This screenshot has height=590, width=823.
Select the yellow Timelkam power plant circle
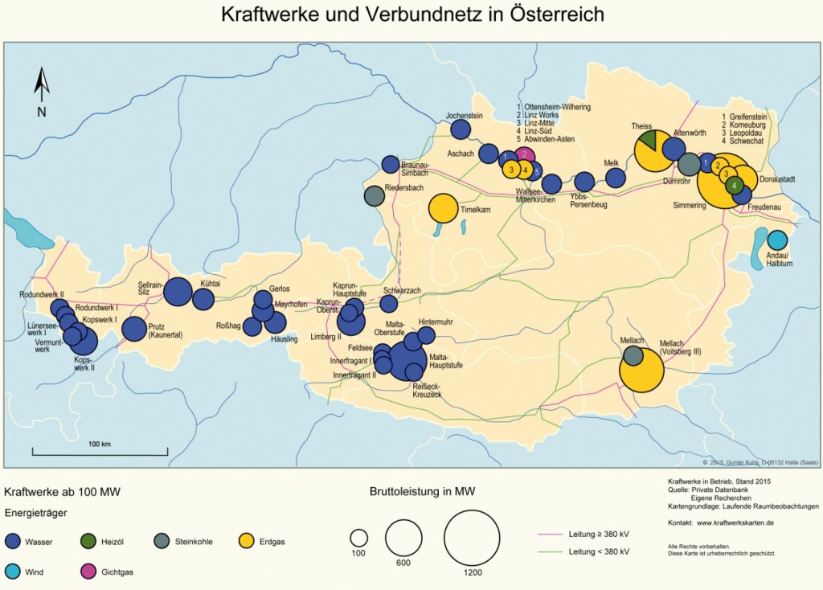(444, 209)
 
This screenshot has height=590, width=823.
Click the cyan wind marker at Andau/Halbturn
(777, 240)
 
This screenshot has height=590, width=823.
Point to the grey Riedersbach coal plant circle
(374, 195)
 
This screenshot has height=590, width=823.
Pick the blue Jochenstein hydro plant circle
(461, 129)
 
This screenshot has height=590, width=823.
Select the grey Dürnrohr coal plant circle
(689, 164)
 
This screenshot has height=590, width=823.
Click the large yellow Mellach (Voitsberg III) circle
(642, 371)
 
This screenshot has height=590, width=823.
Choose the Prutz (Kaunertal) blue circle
(134, 330)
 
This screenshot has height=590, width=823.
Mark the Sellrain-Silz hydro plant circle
(178, 291)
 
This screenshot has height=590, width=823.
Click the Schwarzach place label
(402, 290)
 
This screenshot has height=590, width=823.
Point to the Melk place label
(612, 162)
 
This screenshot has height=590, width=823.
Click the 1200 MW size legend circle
(472, 538)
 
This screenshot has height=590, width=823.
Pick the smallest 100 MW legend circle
(358, 537)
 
